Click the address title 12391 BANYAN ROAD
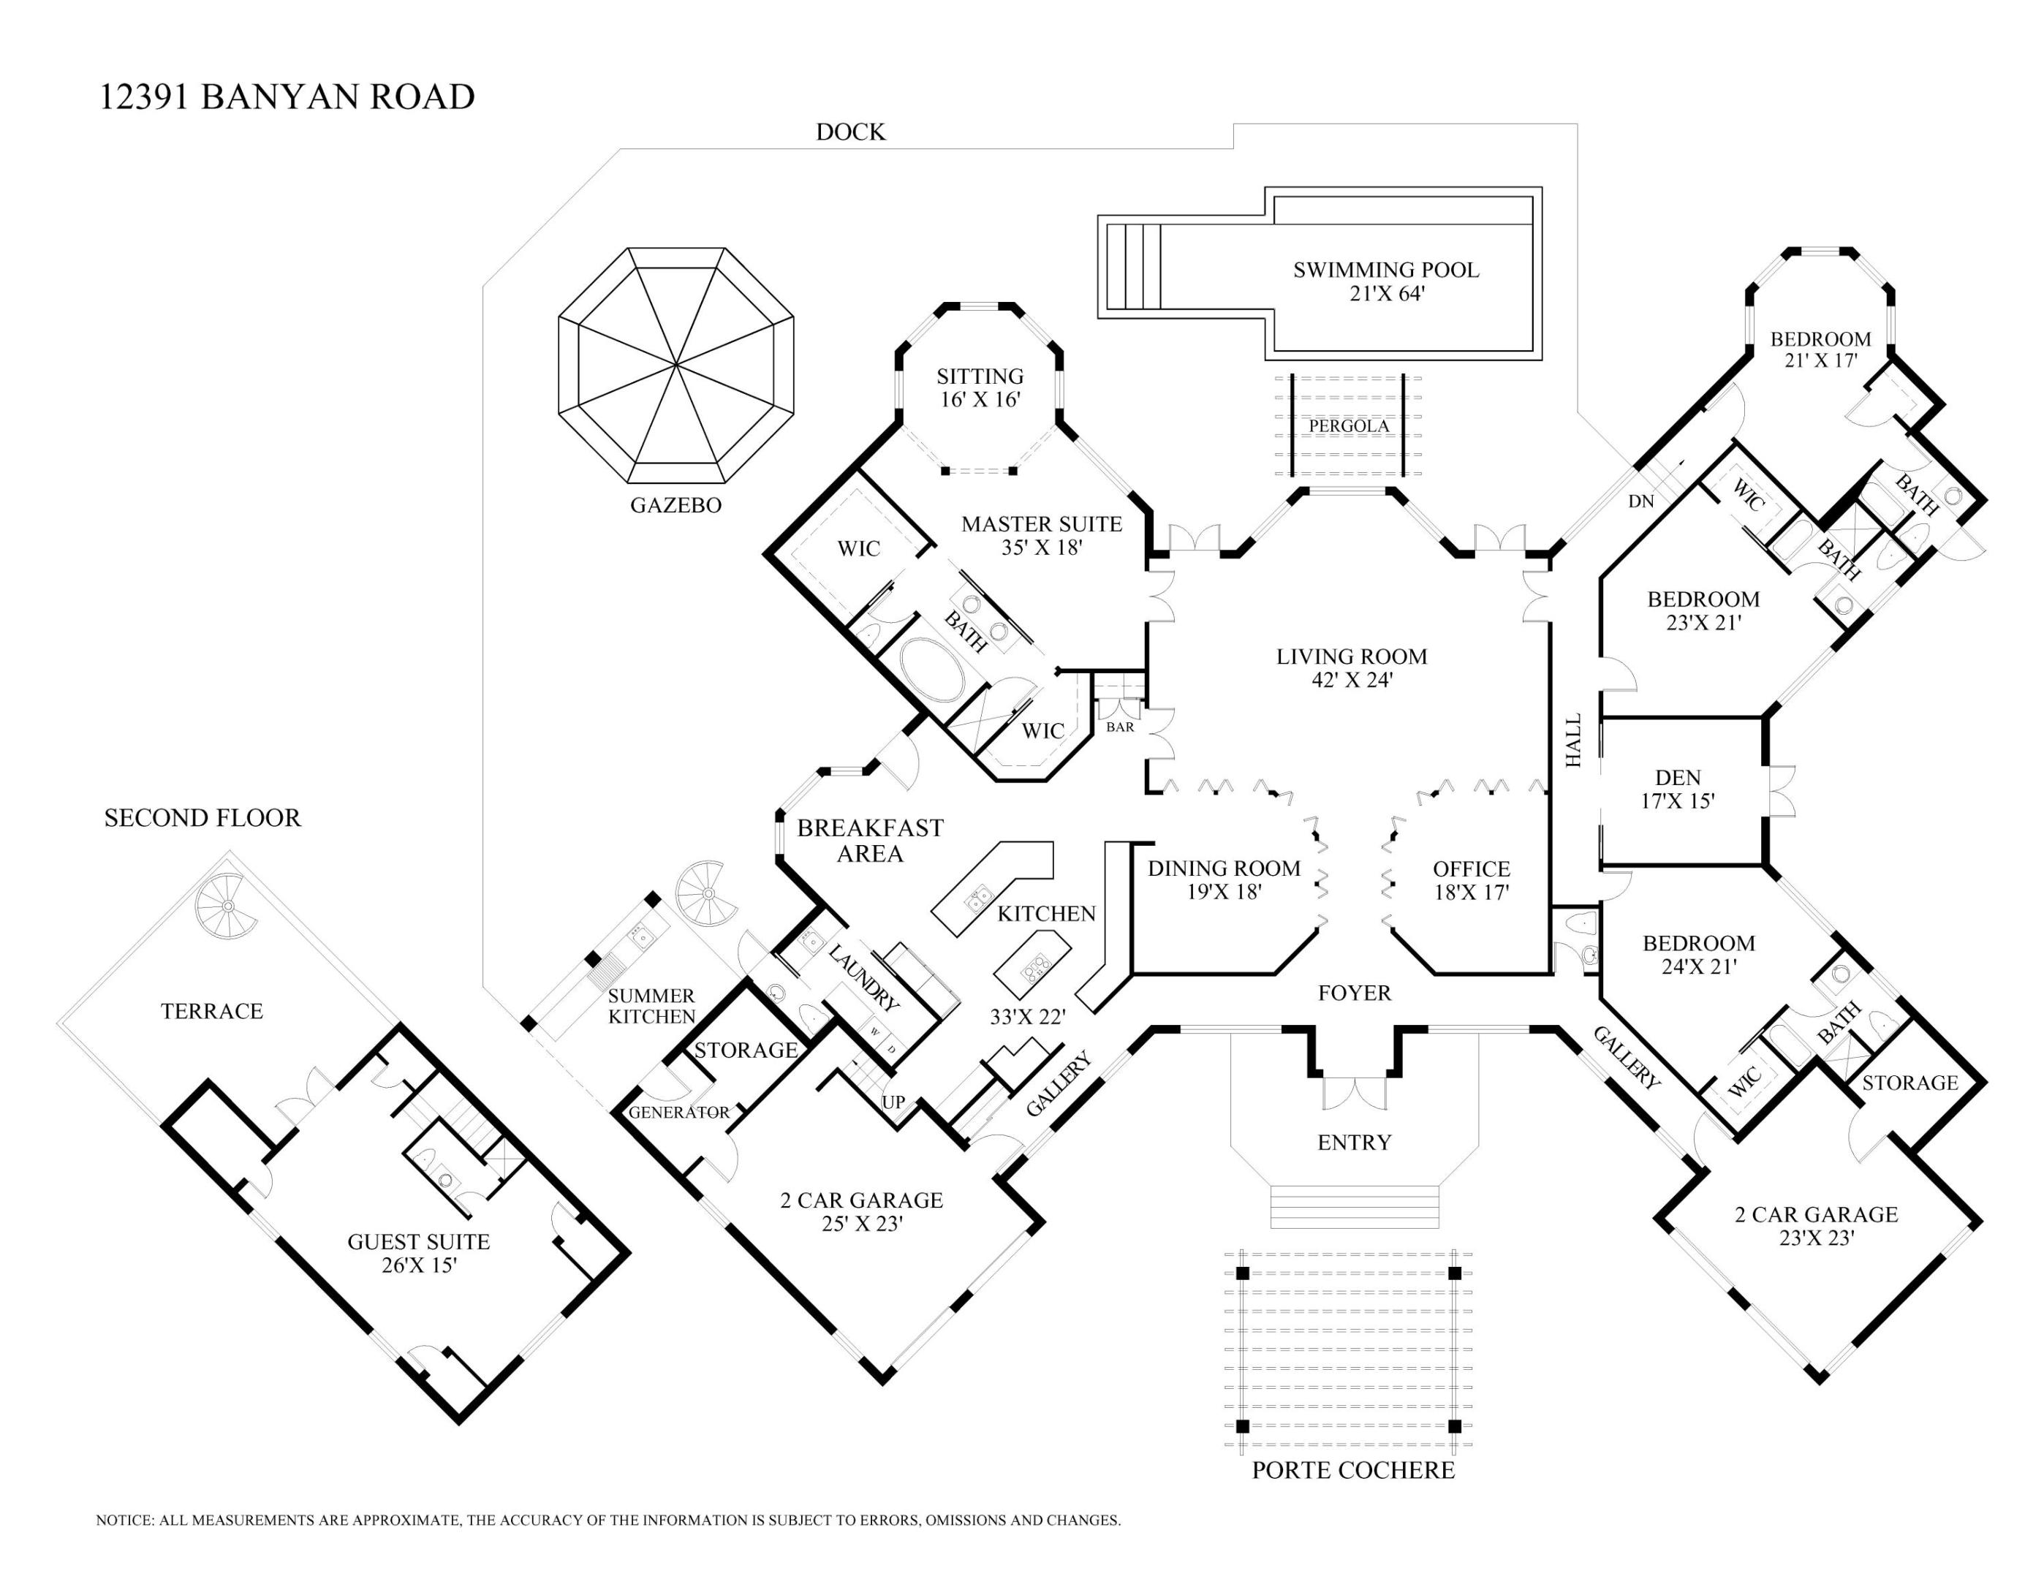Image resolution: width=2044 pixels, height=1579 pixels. coord(287,97)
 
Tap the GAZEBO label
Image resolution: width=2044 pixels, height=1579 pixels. coord(675,505)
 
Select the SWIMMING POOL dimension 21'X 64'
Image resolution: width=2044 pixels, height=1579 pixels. coord(1386,294)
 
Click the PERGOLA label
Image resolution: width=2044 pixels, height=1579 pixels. coord(1349,426)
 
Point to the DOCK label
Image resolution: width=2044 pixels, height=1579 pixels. coord(849,132)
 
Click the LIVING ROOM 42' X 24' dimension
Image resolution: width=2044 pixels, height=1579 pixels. coord(1352,681)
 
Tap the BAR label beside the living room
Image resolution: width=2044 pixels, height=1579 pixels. coord(1119,727)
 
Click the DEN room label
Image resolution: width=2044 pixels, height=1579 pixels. coord(1677,777)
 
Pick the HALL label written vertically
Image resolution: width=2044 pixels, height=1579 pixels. coord(1573,741)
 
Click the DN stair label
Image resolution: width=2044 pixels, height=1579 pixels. coord(1640,501)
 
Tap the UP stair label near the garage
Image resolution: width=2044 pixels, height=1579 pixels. coord(894,1102)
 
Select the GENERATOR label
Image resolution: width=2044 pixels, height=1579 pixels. coord(678,1112)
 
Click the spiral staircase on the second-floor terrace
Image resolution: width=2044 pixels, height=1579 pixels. coord(226,905)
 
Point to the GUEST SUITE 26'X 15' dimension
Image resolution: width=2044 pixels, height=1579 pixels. coord(418,1265)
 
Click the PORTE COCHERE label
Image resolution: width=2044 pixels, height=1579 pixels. coord(1352,1470)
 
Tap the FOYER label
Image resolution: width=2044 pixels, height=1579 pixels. coord(1353,993)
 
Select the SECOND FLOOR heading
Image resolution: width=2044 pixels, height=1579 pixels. coord(202,818)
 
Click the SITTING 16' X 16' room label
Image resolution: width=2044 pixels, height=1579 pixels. coord(980,387)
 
